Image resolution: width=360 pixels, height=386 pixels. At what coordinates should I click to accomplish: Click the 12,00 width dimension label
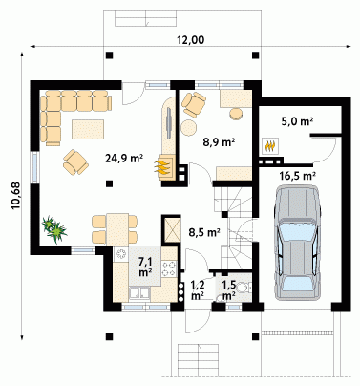tap(191, 40)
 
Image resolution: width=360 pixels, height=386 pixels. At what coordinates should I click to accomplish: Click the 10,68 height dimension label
tap(15, 195)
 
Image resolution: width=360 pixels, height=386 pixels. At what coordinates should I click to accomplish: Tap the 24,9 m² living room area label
tap(124, 158)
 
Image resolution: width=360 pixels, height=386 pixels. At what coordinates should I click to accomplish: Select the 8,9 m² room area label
tap(219, 142)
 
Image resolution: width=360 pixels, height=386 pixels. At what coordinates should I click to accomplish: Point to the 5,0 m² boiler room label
tap(297, 121)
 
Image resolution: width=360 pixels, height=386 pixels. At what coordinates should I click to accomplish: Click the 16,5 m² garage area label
tap(297, 176)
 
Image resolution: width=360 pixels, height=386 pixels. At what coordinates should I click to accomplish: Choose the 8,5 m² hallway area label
tap(204, 232)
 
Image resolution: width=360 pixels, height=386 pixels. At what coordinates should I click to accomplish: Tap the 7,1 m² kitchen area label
tap(145, 267)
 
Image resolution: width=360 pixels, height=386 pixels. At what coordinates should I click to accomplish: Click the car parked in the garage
tap(298, 243)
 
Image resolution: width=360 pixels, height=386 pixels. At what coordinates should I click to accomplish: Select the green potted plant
tap(54, 229)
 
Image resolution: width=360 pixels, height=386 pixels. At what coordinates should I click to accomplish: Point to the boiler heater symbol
tap(270, 146)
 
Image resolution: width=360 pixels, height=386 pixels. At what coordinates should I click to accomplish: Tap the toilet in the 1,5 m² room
tap(245, 288)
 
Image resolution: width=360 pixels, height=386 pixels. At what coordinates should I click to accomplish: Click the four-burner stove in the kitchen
tap(169, 268)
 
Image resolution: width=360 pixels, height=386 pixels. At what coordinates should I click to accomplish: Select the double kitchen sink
tap(138, 294)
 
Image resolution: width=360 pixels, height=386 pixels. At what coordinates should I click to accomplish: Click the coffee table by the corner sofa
tap(88, 129)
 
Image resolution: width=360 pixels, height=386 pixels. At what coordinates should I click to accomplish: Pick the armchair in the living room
tap(75, 162)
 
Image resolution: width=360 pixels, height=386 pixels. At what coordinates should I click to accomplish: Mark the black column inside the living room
tap(109, 183)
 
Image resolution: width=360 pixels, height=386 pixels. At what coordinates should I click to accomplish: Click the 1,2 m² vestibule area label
tap(198, 289)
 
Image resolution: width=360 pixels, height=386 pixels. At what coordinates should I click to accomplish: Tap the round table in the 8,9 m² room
tap(189, 127)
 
